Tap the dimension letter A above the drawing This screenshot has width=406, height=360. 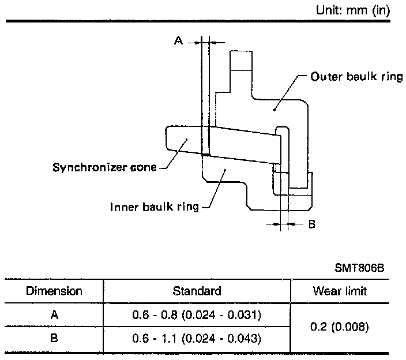[x=178, y=41]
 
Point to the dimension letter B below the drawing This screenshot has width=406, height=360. [x=312, y=223]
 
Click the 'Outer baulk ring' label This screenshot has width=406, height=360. [x=356, y=77]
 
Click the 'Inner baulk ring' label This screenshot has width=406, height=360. [x=155, y=206]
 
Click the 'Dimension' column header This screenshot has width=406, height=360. [x=54, y=291]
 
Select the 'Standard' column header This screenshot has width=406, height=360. [x=197, y=291]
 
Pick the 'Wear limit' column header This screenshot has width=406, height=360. [x=340, y=291]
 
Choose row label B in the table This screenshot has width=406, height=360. [x=54, y=338]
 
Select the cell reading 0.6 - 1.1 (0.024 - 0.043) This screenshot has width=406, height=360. [x=197, y=338]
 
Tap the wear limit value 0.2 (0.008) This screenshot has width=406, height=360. [x=340, y=327]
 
